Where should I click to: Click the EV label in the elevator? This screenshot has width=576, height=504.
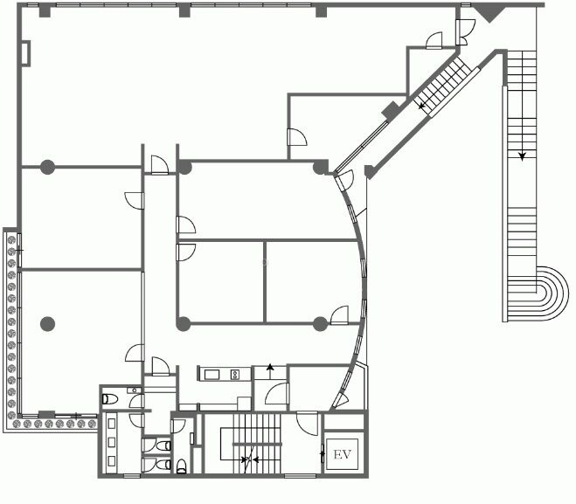point(342,454)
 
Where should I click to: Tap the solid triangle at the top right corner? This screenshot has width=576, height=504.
point(489,13)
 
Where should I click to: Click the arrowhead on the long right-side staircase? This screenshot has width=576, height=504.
point(522,156)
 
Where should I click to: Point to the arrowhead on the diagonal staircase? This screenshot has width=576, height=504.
point(421,106)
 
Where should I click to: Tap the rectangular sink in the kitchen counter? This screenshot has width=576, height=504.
point(212,375)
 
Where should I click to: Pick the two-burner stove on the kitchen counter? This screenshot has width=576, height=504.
point(235,375)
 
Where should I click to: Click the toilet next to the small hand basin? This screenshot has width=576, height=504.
point(110,399)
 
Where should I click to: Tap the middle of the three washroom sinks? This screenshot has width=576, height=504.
point(112,442)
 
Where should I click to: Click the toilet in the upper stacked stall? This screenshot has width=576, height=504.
point(163,446)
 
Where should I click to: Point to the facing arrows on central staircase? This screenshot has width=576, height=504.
point(249,459)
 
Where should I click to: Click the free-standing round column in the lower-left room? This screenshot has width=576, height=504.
point(47,324)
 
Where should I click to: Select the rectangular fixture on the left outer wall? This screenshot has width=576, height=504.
point(25,53)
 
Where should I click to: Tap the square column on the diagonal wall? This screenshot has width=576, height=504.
point(391,110)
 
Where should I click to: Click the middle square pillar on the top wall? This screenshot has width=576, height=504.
point(184,11)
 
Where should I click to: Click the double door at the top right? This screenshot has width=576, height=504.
point(465,32)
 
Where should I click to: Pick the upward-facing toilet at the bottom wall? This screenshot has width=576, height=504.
point(182,466)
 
